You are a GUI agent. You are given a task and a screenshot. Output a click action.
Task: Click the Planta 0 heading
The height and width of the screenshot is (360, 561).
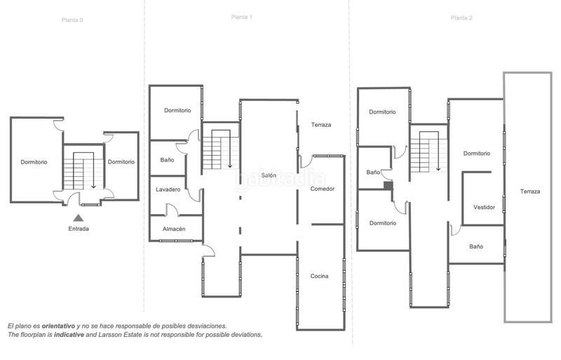click(72, 20)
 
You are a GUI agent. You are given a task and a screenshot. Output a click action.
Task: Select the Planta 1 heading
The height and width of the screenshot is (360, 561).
click(241, 17)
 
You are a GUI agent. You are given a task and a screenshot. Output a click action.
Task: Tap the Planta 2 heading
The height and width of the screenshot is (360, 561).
click(461, 18)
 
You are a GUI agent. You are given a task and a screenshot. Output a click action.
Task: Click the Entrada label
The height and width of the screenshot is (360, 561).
click(79, 229)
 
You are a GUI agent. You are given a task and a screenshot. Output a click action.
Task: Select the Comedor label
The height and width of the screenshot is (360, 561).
click(323, 189)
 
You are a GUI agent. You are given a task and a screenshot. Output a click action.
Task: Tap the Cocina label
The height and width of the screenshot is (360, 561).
click(320, 276)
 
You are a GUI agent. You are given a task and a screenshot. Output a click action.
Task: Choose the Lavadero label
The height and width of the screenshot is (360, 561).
click(168, 189)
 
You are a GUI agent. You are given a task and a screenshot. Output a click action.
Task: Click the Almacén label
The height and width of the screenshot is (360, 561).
click(174, 229)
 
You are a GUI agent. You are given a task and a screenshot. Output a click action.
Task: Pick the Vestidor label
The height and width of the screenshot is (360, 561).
click(485, 207)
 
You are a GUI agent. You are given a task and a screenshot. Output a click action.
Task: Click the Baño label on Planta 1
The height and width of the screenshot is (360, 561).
click(167, 160)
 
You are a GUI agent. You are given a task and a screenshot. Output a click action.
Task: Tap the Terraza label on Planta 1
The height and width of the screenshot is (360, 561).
click(321, 125)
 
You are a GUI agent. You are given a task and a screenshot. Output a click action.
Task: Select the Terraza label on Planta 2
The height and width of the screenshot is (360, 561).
click(530, 191)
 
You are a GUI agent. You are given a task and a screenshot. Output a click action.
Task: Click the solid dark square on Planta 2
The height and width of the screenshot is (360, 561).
click(388, 186)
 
